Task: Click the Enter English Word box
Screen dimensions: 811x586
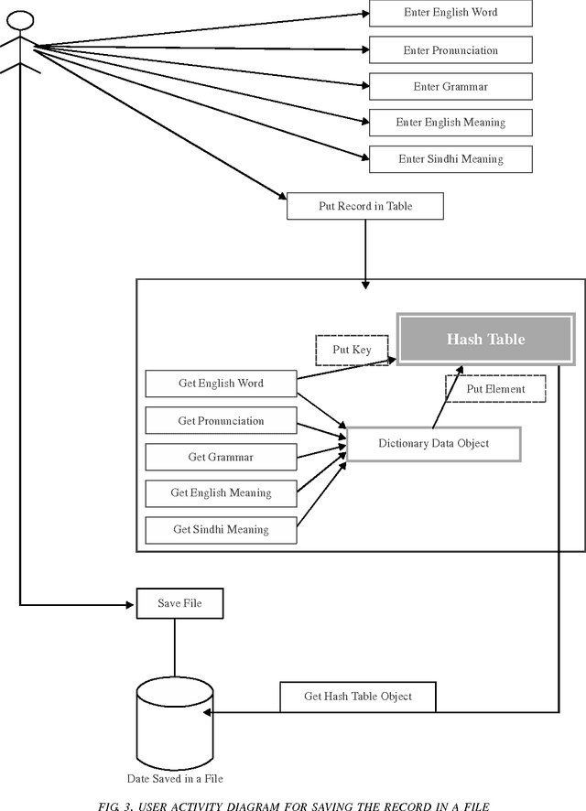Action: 450,13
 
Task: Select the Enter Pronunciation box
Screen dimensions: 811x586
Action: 450,49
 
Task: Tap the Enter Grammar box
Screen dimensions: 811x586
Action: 450,87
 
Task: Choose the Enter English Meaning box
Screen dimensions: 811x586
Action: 450,123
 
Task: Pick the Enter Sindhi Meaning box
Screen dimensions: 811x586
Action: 450,159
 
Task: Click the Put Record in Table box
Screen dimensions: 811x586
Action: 365,206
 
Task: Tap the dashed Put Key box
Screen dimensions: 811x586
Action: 352,350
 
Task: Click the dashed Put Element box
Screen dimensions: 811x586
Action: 495,389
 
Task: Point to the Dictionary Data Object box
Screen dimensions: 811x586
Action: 434,444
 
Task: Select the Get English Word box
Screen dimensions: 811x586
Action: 221,384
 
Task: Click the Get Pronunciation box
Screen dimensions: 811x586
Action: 221,421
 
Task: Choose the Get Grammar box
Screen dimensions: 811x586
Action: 221,457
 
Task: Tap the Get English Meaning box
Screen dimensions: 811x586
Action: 221,493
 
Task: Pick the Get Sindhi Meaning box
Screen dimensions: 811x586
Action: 221,529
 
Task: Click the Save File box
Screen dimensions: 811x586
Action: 180,604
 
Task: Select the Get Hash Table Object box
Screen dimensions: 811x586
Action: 358,697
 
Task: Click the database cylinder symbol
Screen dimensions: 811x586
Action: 175,719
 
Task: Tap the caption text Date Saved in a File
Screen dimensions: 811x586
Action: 175,779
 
